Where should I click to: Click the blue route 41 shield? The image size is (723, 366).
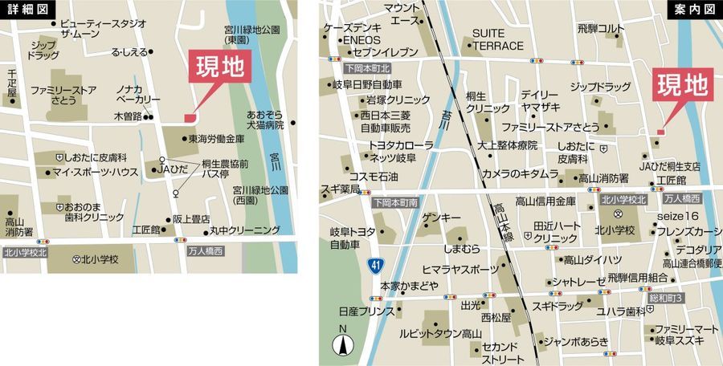(375, 264)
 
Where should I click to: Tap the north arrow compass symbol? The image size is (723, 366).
(343, 345)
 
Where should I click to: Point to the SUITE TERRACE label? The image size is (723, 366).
(497, 40)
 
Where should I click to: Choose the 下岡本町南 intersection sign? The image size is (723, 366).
(396, 203)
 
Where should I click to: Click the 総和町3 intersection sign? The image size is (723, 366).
(666, 298)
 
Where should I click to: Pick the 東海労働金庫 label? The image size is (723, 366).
(216, 138)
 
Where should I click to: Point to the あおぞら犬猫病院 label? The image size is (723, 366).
(265, 120)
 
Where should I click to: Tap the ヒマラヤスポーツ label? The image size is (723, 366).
(460, 268)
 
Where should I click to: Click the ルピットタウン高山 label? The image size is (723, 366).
(441, 334)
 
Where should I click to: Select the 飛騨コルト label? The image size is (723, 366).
(600, 28)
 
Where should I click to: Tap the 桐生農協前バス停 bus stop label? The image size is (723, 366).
(218, 169)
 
